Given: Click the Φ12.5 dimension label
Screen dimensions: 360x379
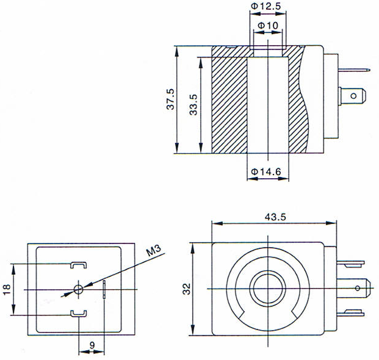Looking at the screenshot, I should click(x=265, y=6).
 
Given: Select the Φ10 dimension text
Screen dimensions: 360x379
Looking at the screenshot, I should click(x=268, y=25).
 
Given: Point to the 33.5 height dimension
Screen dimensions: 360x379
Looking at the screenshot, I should click(x=194, y=105).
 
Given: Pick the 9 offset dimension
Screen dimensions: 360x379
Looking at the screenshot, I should click(x=92, y=345).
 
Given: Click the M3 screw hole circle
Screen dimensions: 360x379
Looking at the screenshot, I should click(x=79, y=289).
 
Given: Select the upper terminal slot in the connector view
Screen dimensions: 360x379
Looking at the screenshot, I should click(x=79, y=265).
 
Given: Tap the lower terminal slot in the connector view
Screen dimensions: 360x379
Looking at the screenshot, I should click(x=79, y=314).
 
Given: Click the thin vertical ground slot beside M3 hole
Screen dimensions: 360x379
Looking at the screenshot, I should click(x=104, y=289).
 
